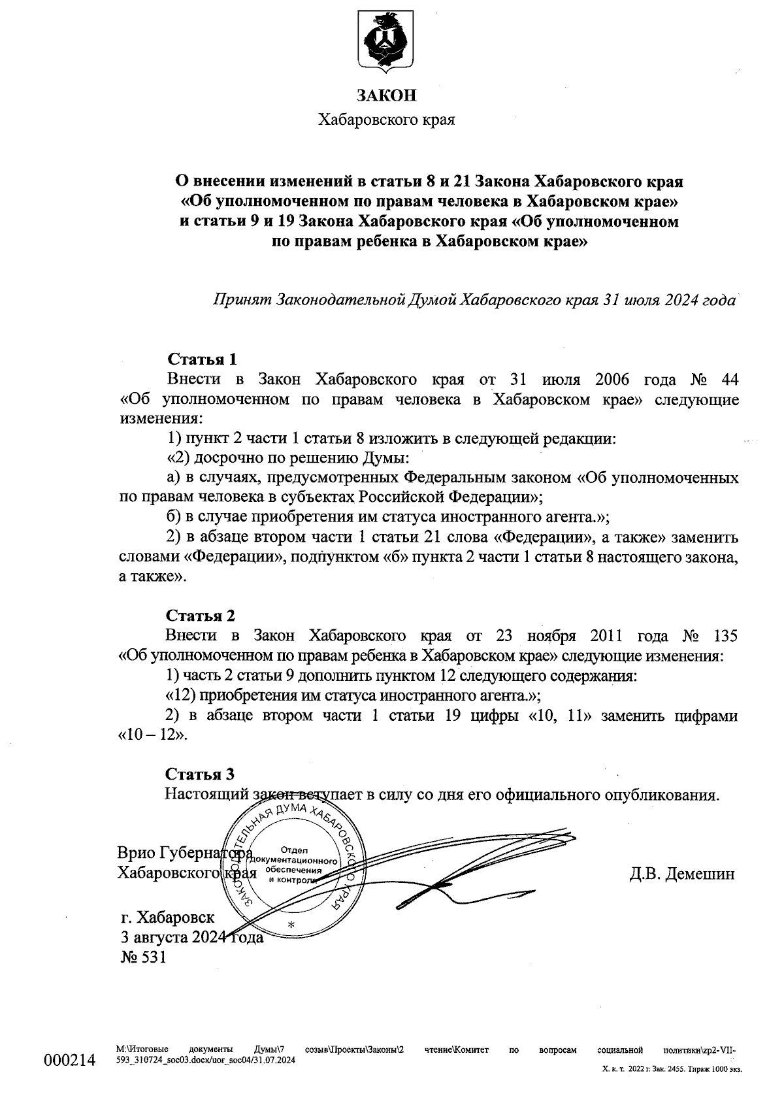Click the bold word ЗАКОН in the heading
(386, 96)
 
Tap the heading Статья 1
(202, 359)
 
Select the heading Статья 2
(200, 615)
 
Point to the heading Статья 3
(199, 774)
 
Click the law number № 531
(144, 957)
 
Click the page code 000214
(70, 1059)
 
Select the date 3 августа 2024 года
(192, 937)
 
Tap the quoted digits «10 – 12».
(152, 735)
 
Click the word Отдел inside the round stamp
(294, 850)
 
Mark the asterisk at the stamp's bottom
(291, 927)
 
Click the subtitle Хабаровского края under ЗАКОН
(386, 120)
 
